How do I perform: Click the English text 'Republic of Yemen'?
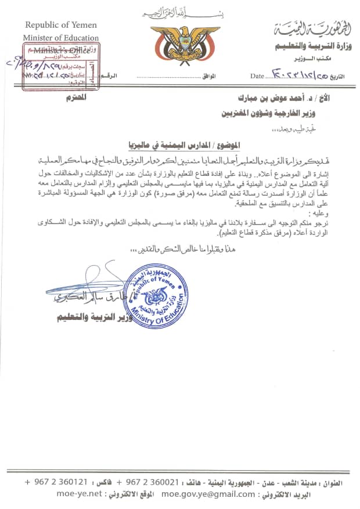click(61, 26)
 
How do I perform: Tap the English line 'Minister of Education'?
click(62, 38)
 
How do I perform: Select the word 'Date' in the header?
click(257, 76)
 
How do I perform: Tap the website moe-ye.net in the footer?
click(79, 494)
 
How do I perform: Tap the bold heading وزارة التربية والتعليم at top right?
click(303, 46)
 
